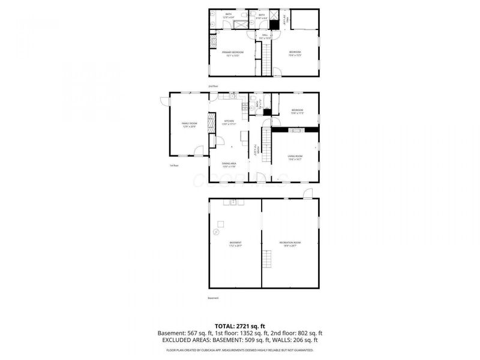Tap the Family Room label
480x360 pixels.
tap(190, 125)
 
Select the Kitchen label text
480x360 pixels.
tap(229, 122)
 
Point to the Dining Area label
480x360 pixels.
tap(229, 164)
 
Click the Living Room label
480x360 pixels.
tap(295, 158)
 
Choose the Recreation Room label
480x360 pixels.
tap(290, 244)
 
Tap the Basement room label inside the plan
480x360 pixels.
tap(235, 244)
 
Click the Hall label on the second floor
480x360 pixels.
tap(265, 37)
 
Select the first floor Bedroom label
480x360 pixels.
tap(298, 111)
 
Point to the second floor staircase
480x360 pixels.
tap(264, 56)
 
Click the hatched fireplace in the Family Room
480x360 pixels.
tap(211, 124)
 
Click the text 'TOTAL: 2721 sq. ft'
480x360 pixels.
tap(240, 326)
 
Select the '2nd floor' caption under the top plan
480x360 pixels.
tap(213, 86)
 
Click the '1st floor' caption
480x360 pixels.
tap(175, 166)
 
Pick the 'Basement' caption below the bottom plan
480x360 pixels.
tap(214, 298)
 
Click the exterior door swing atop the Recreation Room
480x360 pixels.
tap(308, 193)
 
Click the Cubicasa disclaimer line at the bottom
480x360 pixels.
tap(240, 350)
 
